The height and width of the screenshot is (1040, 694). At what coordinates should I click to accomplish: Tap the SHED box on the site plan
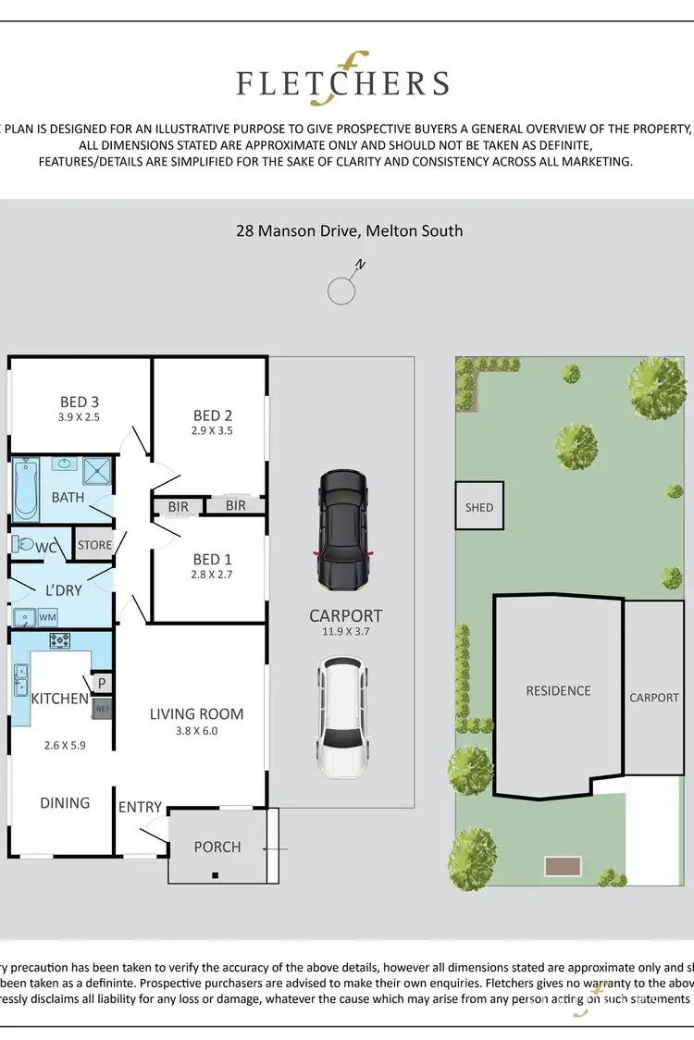point(479,506)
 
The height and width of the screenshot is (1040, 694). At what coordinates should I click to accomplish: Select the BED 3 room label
point(80,402)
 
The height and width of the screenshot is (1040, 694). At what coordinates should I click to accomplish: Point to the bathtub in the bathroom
point(25,490)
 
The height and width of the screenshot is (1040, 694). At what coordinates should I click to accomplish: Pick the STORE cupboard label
point(94,545)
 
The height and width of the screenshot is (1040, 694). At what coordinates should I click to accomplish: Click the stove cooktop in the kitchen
point(60,639)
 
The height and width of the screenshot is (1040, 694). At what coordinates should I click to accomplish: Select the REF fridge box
point(102,709)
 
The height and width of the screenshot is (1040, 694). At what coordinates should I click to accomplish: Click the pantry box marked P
point(102,683)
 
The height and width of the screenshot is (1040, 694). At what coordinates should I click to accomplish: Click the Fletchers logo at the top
point(342,83)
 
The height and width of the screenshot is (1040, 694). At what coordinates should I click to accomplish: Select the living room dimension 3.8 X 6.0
point(197,731)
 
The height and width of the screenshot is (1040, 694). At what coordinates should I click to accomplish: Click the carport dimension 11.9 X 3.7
point(345,632)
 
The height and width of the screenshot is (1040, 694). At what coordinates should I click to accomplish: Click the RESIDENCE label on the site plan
point(558,690)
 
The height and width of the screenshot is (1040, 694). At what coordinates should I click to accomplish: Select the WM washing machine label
point(47,616)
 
